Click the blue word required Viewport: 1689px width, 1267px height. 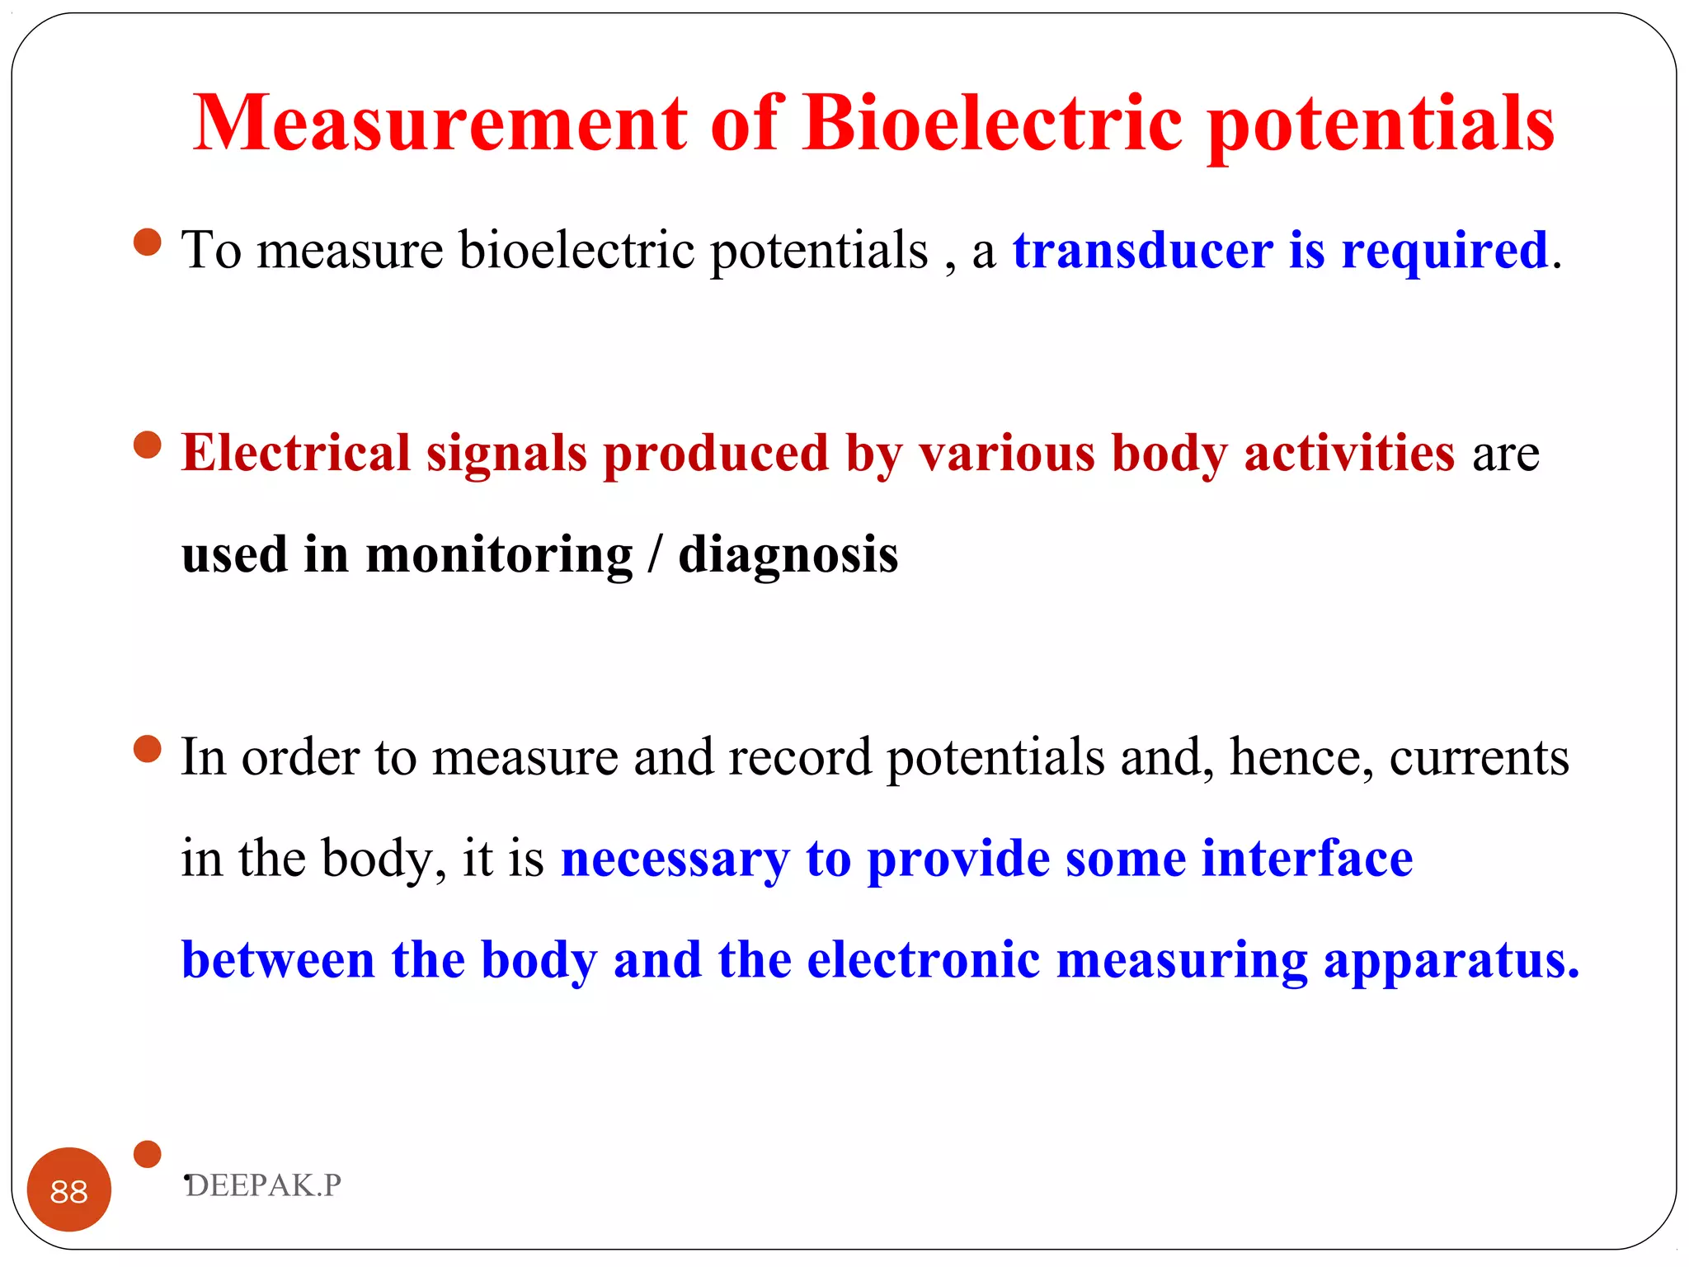click(x=1444, y=252)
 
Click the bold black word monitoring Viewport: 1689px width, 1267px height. click(x=499, y=554)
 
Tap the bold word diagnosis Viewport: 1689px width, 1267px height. click(x=788, y=554)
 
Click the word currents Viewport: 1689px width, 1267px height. click(x=1479, y=757)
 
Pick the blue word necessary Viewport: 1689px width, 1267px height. click(x=675, y=860)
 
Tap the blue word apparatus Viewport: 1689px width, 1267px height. click(x=1451, y=962)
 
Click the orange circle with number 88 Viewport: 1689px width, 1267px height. click(x=69, y=1189)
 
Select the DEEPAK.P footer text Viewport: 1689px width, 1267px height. click(x=263, y=1185)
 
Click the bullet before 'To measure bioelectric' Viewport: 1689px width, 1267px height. click(x=148, y=243)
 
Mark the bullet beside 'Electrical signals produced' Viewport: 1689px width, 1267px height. click(x=148, y=445)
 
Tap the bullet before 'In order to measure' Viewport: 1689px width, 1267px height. click(x=148, y=750)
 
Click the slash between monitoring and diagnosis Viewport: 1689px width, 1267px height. click(x=656, y=554)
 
